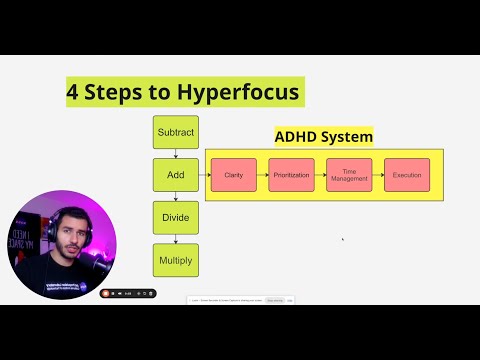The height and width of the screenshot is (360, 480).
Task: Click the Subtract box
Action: (x=175, y=132)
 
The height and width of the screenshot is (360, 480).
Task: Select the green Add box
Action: (x=175, y=174)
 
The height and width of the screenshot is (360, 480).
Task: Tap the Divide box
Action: (x=175, y=217)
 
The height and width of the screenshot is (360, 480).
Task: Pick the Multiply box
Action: (x=175, y=260)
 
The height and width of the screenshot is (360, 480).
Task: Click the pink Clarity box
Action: (x=234, y=175)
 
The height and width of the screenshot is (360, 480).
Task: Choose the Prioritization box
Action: (x=291, y=175)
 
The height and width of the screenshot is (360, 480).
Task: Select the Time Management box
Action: (x=349, y=175)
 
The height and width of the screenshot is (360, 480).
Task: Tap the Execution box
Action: (x=407, y=175)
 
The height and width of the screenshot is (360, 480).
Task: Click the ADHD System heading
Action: (x=323, y=137)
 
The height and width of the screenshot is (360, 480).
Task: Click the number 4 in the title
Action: (x=73, y=92)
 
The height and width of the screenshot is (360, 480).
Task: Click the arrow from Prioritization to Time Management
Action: (x=320, y=175)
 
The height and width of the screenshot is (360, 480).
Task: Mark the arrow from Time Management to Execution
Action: (x=378, y=175)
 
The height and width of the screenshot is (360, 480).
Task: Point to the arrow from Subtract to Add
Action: (x=175, y=153)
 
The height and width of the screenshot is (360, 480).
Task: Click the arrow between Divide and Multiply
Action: (x=175, y=239)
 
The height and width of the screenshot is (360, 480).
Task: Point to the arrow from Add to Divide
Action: (x=175, y=196)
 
